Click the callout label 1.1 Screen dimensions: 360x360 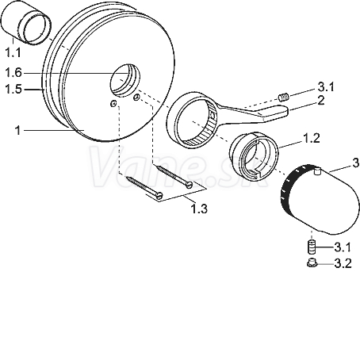[13, 53]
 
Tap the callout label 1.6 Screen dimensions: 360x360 [13, 73]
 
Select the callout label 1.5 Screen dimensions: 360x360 [13, 89]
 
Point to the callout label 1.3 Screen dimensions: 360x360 [199, 209]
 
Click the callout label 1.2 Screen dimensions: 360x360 [311, 138]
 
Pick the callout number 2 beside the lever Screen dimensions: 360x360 [320, 101]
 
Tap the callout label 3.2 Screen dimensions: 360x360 [343, 263]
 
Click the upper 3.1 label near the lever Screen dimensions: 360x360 [326, 86]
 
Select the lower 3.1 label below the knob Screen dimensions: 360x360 [343, 247]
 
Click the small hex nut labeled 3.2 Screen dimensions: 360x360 [312, 262]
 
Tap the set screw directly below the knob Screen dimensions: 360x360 [312, 247]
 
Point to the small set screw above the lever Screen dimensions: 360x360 [284, 97]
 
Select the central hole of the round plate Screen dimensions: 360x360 [125, 80]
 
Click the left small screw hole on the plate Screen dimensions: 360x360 [113, 104]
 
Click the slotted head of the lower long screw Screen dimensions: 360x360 [159, 195]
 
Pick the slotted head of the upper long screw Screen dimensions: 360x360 [189, 184]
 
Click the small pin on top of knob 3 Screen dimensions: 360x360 [317, 171]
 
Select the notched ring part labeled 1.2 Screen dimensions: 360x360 [254, 156]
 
